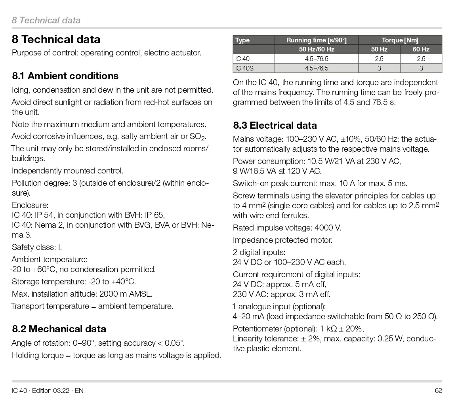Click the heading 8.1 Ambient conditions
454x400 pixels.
(x=65, y=76)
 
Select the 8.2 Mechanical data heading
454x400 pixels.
(x=59, y=329)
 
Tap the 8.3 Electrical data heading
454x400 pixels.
(x=275, y=126)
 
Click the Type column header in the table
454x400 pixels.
(x=242, y=40)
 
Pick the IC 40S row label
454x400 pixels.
(x=244, y=68)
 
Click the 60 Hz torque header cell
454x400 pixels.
(x=421, y=50)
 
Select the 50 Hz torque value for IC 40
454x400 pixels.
(x=379, y=59)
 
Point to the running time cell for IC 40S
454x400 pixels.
(x=316, y=68)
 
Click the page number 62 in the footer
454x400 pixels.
(x=438, y=390)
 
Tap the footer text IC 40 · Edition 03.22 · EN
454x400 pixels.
(x=48, y=390)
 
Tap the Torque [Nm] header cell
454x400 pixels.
(x=400, y=40)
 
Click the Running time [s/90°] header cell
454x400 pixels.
(x=316, y=40)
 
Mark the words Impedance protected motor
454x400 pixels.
(x=282, y=240)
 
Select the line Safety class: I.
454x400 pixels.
(x=37, y=247)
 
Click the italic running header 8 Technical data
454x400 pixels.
(x=46, y=20)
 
